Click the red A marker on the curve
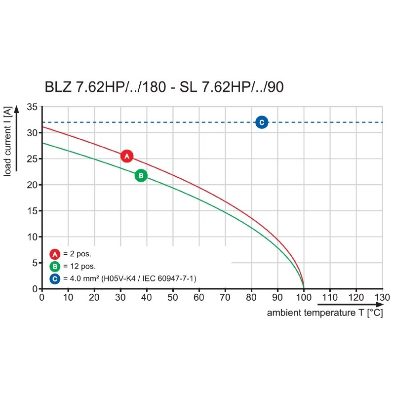click(x=127, y=156)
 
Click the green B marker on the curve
click(x=141, y=176)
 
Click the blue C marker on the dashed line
click(x=262, y=122)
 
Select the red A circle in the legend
click(x=55, y=254)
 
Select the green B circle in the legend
click(x=55, y=266)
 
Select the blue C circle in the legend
click(x=55, y=278)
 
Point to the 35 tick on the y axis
click(x=32, y=107)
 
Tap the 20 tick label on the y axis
click(x=32, y=185)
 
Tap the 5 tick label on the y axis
click(x=35, y=263)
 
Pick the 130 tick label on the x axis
click(x=382, y=298)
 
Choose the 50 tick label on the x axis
click(x=172, y=298)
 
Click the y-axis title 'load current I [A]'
click(x=7, y=141)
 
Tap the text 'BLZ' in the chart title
click(x=58, y=87)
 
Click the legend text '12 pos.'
click(x=83, y=266)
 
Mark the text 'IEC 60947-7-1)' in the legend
click(x=169, y=278)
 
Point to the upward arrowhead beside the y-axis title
click(x=17, y=109)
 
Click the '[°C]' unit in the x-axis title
click(x=375, y=313)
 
